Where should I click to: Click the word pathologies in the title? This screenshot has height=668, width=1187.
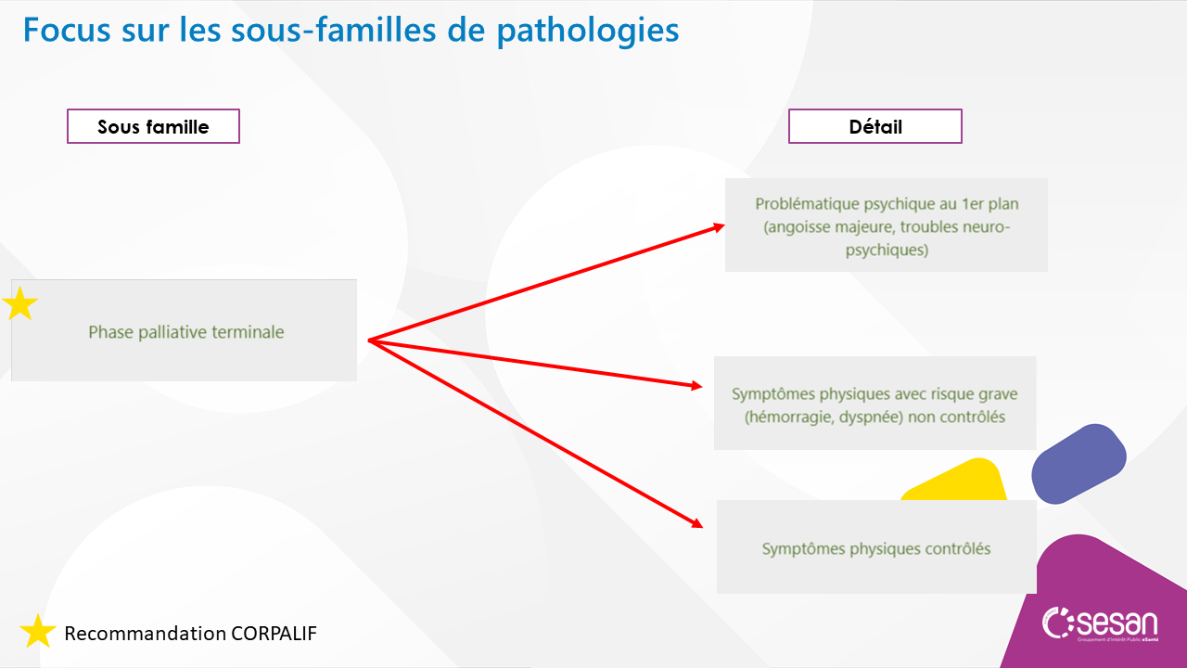(587, 32)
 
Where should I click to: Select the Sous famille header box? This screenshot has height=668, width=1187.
(153, 126)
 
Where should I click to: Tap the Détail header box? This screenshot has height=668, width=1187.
(874, 126)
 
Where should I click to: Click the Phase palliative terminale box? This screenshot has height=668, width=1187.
(184, 330)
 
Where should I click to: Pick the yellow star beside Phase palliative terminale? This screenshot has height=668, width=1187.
(20, 303)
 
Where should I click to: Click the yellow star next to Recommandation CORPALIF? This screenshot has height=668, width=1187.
(38, 632)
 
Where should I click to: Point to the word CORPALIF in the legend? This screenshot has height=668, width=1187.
(274, 633)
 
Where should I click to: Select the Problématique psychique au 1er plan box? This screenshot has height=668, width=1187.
(886, 225)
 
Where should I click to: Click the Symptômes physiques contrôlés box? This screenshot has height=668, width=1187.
(876, 546)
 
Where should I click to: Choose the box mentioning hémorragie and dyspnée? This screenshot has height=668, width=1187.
(874, 403)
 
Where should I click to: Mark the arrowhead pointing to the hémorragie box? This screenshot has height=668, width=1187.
(696, 385)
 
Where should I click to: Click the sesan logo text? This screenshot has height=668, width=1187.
(1117, 623)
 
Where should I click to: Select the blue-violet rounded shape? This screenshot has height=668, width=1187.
(1079, 464)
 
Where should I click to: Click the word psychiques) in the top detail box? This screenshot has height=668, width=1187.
(887, 250)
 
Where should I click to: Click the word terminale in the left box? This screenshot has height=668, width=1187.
(248, 332)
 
